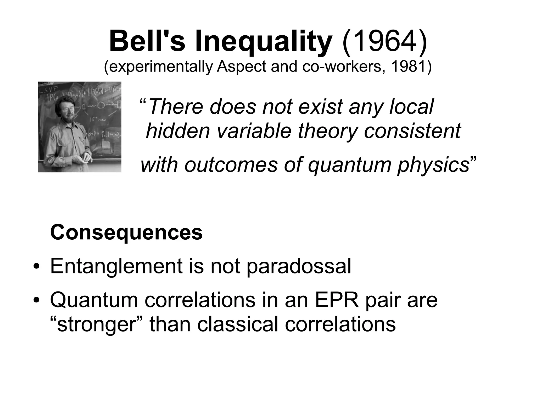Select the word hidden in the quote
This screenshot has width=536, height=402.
178,131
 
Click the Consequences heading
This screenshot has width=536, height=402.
126,232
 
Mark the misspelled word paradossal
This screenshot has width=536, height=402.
299,267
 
